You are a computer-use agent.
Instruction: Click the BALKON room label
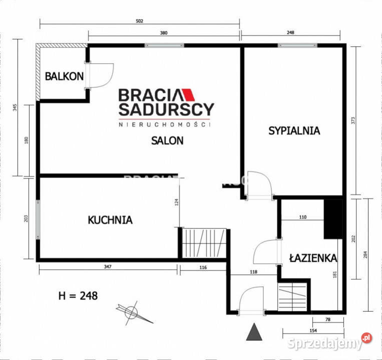[x=64, y=76]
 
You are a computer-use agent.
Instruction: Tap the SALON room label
[x=167, y=140]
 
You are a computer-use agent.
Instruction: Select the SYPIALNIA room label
[x=294, y=131]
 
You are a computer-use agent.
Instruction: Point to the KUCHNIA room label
[x=110, y=219]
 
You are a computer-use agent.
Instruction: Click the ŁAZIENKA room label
[x=313, y=258]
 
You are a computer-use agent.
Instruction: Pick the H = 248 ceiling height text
[x=78, y=295]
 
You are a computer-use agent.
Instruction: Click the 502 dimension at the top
[x=140, y=21]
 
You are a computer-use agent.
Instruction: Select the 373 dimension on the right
[x=353, y=120]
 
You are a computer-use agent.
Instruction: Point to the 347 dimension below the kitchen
[x=108, y=267]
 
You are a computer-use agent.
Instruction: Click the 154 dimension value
[x=313, y=331]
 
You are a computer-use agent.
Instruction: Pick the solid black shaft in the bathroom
[x=332, y=218]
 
